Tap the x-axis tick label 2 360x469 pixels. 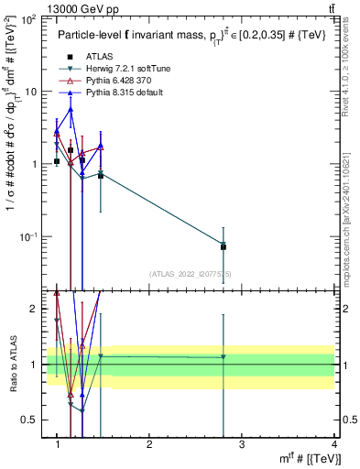pyautogui.click(x=149, y=443)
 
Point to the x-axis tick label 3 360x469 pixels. pyautogui.click(x=242, y=443)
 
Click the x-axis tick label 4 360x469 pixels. pyautogui.click(x=333, y=443)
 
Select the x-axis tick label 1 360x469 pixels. pyautogui.click(x=57, y=443)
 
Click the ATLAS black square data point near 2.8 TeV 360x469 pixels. pyautogui.click(x=224, y=246)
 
